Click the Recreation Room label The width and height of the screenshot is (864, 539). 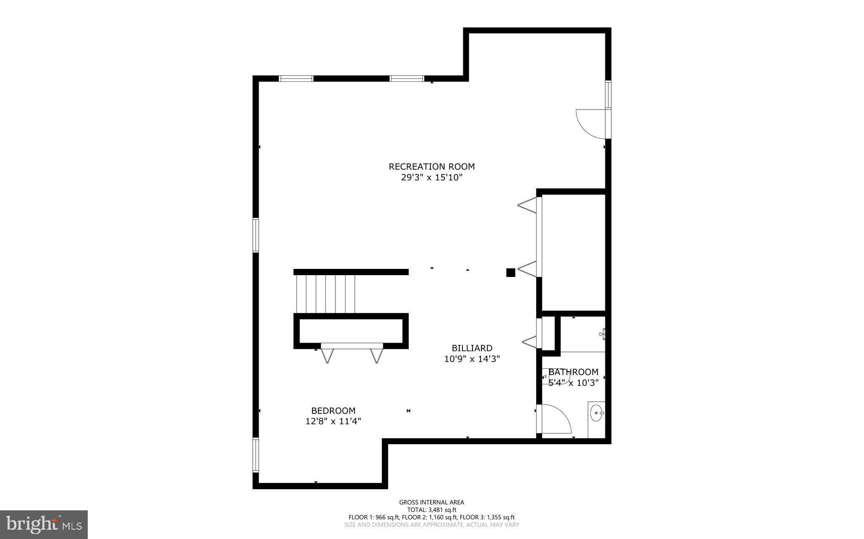[x=432, y=166]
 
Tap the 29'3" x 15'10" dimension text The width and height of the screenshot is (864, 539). [x=432, y=177]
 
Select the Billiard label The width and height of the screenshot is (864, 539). [x=472, y=348]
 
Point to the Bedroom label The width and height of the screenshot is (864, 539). [x=333, y=410]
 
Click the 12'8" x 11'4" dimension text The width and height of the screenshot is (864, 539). [x=333, y=421]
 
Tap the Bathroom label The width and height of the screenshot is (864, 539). [x=573, y=372]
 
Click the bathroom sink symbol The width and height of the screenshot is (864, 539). [x=596, y=413]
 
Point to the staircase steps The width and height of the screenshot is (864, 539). [x=325, y=294]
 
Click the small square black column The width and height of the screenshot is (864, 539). [x=510, y=273]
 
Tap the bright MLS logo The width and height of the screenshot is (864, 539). [x=44, y=524]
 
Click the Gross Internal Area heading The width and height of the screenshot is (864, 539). [x=432, y=502]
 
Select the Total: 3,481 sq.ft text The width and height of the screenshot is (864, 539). [x=432, y=510]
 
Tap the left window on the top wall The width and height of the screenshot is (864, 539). [x=296, y=78]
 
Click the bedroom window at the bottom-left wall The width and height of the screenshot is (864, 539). [x=256, y=455]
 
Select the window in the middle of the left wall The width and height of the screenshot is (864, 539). [x=256, y=235]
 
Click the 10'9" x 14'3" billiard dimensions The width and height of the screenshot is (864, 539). [x=472, y=359]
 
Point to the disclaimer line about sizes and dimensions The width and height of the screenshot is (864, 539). [x=432, y=525]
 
